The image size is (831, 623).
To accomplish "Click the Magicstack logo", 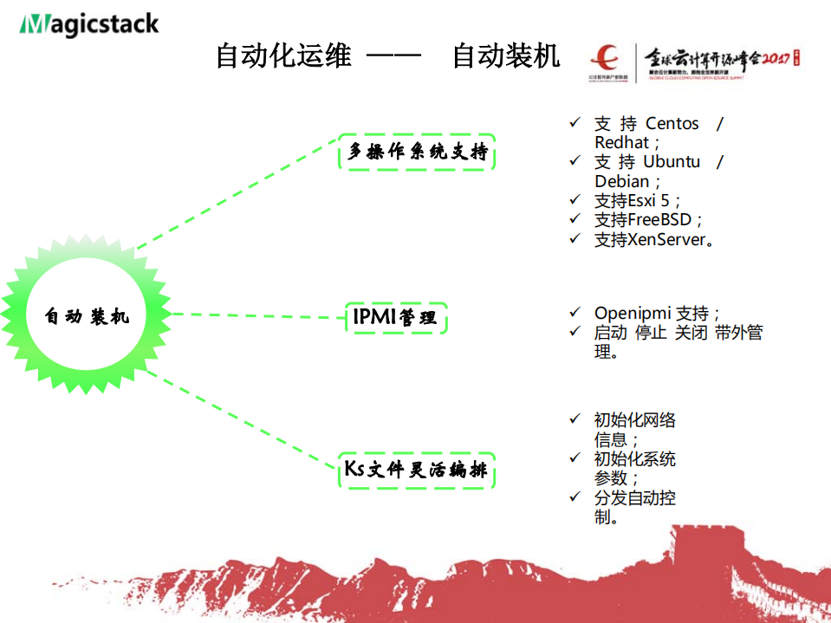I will pyautogui.click(x=89, y=23).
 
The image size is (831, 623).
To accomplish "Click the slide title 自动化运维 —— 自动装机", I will pyautogui.click(x=387, y=56).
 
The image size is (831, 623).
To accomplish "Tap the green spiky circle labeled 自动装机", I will pyautogui.click(x=87, y=316).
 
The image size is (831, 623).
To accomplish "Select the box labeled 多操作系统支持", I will pyautogui.click(x=417, y=153).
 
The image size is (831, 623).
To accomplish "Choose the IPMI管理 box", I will pyautogui.click(x=395, y=318).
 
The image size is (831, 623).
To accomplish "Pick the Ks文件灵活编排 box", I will pyautogui.click(x=416, y=470).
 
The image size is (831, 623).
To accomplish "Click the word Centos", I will pyautogui.click(x=672, y=124).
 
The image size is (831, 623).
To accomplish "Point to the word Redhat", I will pyautogui.click(x=621, y=143).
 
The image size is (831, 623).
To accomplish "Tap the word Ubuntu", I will pyautogui.click(x=672, y=162).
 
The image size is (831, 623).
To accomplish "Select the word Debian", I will pyautogui.click(x=621, y=181).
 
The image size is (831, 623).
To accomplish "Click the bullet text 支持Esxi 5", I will pyautogui.click(x=638, y=200).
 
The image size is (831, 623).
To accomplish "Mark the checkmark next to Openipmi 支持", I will pyautogui.click(x=575, y=311).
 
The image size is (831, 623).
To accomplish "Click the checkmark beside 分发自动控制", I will pyautogui.click(x=575, y=496).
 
